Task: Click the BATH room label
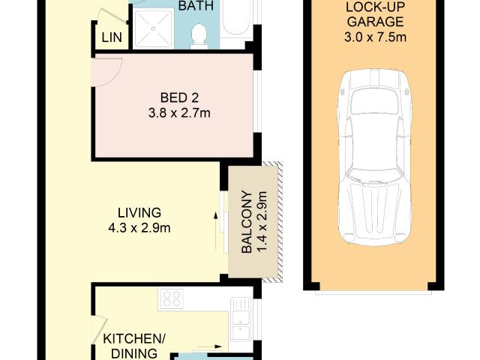click(196, 5)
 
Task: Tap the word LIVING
click(139, 212)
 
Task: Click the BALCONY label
click(245, 222)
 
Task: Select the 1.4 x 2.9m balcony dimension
click(262, 222)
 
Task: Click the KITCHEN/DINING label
click(130, 346)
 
